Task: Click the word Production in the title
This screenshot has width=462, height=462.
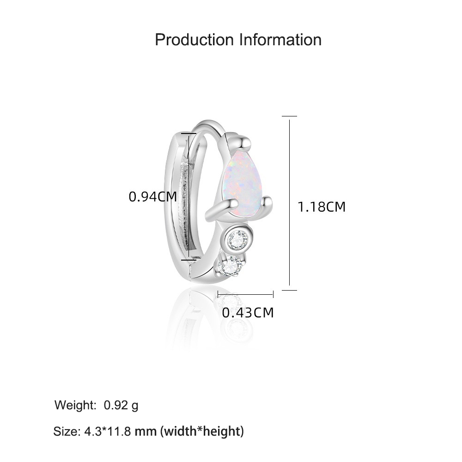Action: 194,40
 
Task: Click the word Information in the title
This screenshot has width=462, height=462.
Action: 280,40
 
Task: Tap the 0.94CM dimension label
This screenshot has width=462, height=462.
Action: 153,196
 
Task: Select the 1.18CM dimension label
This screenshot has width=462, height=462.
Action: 322,207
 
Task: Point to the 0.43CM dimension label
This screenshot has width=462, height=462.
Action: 248,313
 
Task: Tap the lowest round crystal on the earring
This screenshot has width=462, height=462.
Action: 232,265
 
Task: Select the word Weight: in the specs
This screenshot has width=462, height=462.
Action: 75,405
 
